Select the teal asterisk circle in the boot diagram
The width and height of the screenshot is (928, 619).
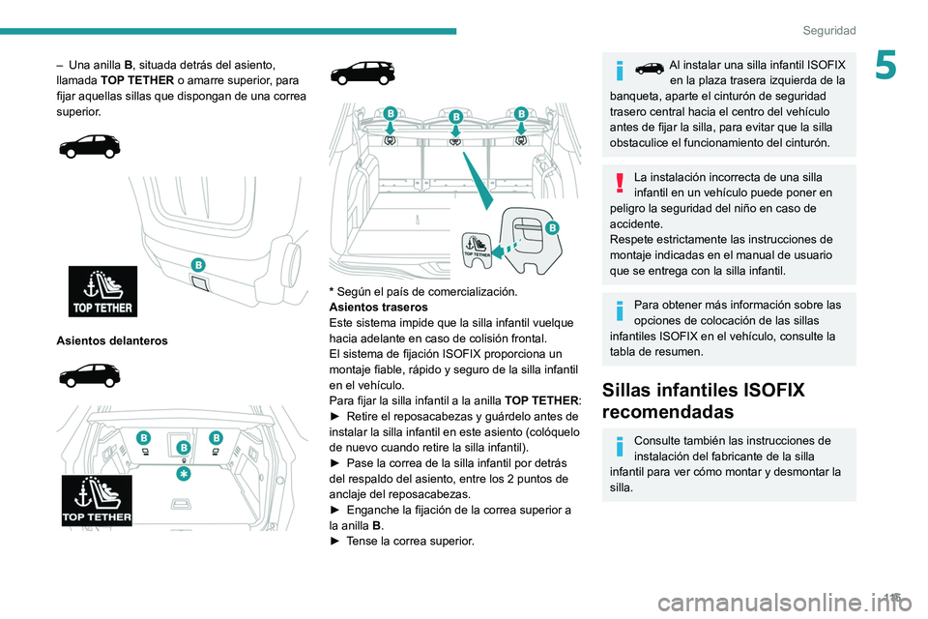click(183, 475)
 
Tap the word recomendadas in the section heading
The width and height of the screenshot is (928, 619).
click(666, 412)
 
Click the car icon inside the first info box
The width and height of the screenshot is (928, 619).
click(649, 67)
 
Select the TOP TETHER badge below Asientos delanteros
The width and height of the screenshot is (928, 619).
click(97, 500)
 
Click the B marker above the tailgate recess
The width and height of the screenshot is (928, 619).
click(198, 264)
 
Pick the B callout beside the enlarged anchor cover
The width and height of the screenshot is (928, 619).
click(552, 227)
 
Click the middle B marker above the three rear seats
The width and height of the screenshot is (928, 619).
click(454, 116)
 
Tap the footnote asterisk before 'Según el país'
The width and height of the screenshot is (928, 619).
click(333, 291)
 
